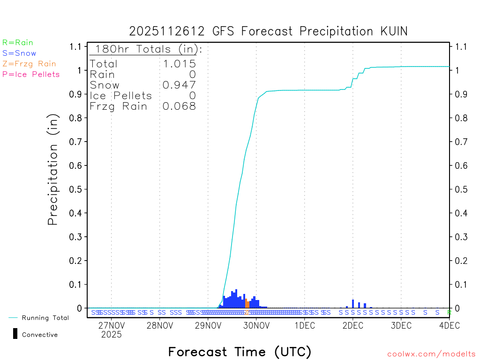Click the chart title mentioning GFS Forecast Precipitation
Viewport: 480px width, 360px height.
(x=268, y=31)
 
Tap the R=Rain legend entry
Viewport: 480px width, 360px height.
(x=18, y=43)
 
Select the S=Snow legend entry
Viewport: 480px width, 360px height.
(x=19, y=53)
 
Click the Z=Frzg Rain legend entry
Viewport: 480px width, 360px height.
(x=29, y=64)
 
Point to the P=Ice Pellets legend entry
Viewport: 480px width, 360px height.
(x=31, y=74)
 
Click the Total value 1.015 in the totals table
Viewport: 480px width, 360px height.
(x=179, y=64)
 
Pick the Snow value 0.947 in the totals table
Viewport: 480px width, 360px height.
(x=179, y=85)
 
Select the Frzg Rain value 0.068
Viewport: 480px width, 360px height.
(x=179, y=106)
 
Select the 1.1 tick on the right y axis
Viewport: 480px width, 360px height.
(x=461, y=46)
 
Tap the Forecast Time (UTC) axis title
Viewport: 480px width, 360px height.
(x=240, y=352)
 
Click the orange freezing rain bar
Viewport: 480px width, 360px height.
(x=247, y=303)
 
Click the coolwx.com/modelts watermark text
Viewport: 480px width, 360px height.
(x=431, y=354)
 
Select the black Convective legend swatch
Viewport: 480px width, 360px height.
(x=15, y=334)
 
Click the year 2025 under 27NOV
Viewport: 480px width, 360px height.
(x=111, y=335)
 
